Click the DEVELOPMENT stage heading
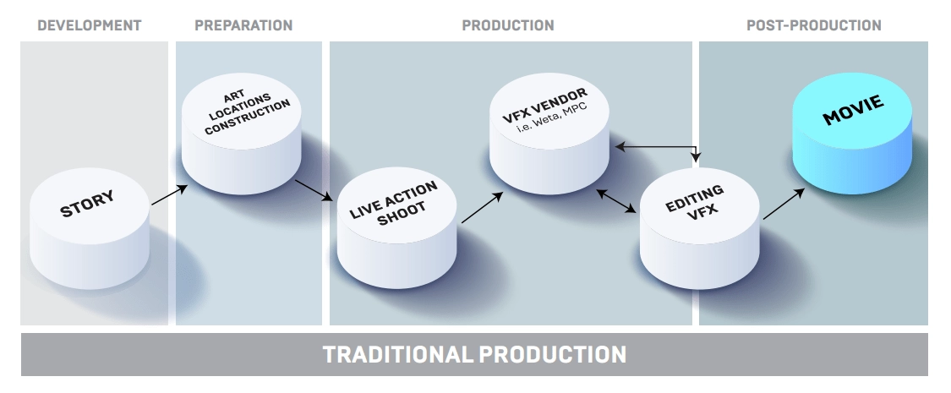pyautogui.click(x=89, y=25)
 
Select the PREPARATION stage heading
pyautogui.click(x=243, y=25)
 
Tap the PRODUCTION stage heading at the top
pyautogui.click(x=508, y=25)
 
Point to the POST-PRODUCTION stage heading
pyautogui.click(x=813, y=25)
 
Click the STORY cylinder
pyautogui.click(x=89, y=228)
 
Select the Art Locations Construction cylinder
pyautogui.click(x=242, y=134)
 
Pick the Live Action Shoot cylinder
pyautogui.click(x=396, y=228)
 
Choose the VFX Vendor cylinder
pyautogui.click(x=549, y=134)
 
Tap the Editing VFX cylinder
pyautogui.click(x=699, y=228)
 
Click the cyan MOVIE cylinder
pyautogui.click(x=852, y=134)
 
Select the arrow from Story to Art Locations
pyautogui.click(x=169, y=195)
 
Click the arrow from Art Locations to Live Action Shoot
pyautogui.click(x=314, y=190)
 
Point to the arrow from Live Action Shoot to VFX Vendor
pyautogui.click(x=482, y=207)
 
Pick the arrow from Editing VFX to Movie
pyautogui.click(x=784, y=204)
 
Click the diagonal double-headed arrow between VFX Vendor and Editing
pyautogui.click(x=616, y=201)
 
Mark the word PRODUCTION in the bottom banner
pyautogui.click(x=553, y=354)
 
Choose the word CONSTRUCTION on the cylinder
pyautogui.click(x=248, y=117)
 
